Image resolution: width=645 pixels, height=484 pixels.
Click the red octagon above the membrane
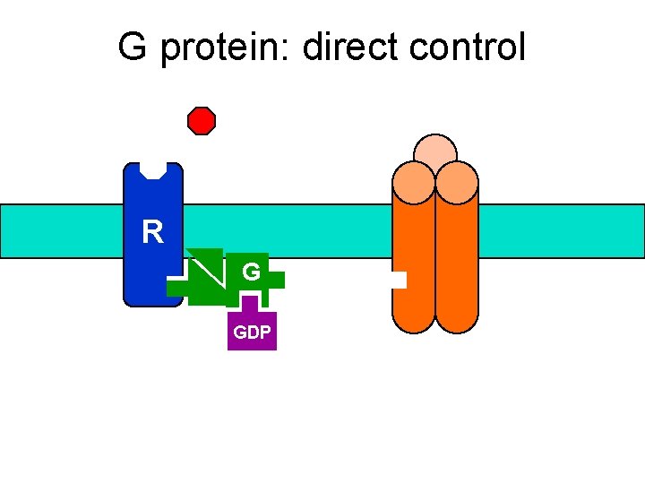(202, 121)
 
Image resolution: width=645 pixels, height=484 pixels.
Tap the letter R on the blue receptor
(153, 233)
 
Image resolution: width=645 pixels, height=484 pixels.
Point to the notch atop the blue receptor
(154, 170)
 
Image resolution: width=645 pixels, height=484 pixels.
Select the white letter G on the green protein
(252, 272)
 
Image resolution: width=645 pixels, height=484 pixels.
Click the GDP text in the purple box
(252, 333)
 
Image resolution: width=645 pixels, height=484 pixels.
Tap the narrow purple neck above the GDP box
(252, 303)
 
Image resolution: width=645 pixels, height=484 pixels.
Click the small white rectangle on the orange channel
(398, 281)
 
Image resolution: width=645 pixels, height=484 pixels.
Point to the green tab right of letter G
(276, 280)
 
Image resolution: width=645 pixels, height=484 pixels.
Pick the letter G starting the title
(133, 48)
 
